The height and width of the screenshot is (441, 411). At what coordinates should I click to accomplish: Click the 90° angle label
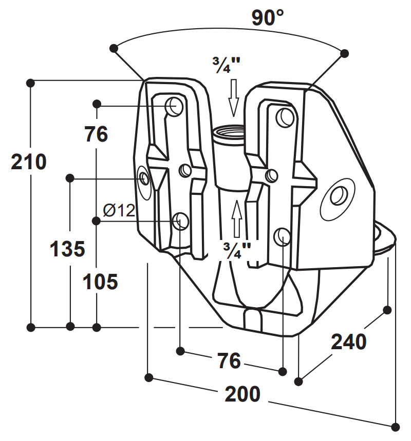coord(268,19)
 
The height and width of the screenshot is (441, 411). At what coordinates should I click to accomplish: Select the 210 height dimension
coord(29,162)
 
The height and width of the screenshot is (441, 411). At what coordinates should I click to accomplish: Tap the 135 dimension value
coord(67,249)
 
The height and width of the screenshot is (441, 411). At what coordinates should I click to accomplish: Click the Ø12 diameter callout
coord(118,210)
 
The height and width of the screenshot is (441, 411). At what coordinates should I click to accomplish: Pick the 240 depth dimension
coord(348,342)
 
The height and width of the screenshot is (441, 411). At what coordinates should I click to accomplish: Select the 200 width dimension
coord(242,394)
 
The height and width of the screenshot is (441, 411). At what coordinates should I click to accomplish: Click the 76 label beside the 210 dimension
coord(96,135)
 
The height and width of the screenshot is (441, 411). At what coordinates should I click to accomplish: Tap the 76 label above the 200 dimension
coord(229,360)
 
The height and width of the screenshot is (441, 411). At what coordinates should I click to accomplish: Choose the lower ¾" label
coord(237,250)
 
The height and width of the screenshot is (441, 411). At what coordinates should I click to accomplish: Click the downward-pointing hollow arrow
coord(234,97)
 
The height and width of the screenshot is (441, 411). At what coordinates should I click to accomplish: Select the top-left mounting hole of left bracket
coord(174,106)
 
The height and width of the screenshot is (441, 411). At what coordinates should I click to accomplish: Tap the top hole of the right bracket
coord(284,117)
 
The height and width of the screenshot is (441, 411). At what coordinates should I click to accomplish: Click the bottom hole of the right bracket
coord(283,236)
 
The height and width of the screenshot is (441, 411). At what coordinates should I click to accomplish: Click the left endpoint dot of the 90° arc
coord(114,48)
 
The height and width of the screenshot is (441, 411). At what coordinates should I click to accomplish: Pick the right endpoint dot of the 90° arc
coord(345,52)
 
